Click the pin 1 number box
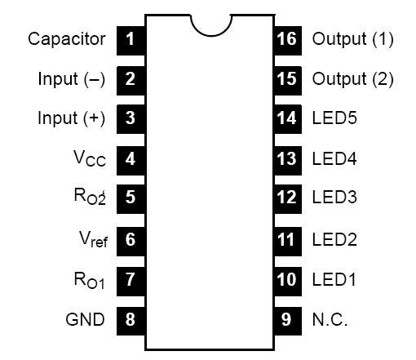click(x=131, y=38)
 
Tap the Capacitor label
click(x=67, y=38)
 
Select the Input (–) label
click(x=72, y=78)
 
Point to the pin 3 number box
click(x=131, y=118)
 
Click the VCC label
click(x=90, y=159)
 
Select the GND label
click(x=85, y=320)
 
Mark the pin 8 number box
click(x=131, y=320)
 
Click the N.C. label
click(x=330, y=320)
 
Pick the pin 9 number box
click(x=285, y=320)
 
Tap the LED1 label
click(x=334, y=280)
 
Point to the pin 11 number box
click(x=285, y=240)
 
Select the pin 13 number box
click(x=285, y=159)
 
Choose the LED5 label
click(x=334, y=118)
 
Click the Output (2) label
click(x=352, y=78)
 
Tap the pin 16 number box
click(x=285, y=38)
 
